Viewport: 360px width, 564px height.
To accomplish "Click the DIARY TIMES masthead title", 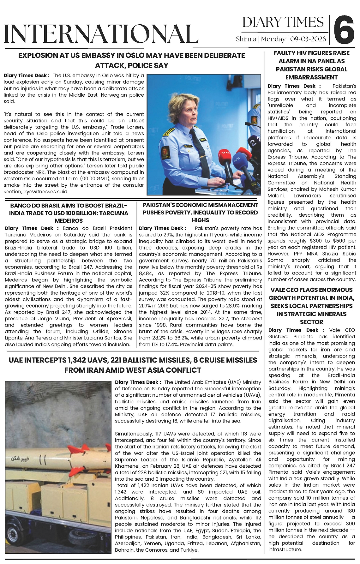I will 283,22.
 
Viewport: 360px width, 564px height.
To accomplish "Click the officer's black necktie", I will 200,152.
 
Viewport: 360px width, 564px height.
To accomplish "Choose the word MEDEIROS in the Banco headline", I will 69,220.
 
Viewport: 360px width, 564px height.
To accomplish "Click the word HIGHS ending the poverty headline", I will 200,220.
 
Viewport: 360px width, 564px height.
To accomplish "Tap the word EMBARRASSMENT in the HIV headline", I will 311,77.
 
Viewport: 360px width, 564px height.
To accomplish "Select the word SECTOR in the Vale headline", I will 311,322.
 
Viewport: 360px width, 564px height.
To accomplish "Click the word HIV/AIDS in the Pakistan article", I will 279,118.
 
